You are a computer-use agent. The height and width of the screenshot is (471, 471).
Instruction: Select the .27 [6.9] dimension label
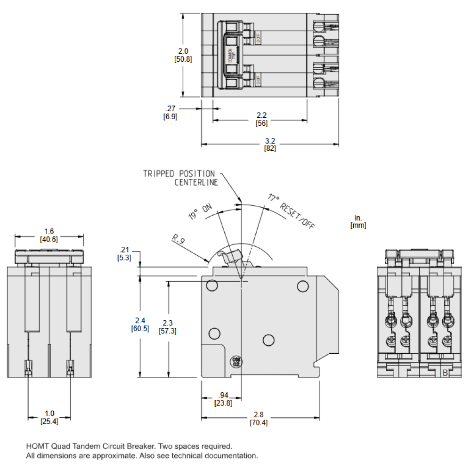coord(170,113)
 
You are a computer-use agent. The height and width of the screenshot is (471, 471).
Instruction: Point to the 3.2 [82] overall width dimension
coord(270,145)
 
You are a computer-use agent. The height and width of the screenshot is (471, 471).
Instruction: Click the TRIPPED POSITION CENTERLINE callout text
coord(179,178)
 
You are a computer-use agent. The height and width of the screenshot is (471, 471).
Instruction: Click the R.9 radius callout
coord(178,240)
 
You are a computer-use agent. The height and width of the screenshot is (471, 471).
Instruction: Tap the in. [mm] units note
coord(358,221)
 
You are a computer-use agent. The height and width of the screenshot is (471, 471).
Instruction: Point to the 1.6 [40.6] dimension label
coord(49,235)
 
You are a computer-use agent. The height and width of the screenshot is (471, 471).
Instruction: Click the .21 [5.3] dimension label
coord(124,253)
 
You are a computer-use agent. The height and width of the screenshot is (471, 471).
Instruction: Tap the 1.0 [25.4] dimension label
coord(49,417)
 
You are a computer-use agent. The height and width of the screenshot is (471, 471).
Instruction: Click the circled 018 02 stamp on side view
coord(235,362)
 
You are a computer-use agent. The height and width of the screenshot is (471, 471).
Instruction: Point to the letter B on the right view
coord(445,373)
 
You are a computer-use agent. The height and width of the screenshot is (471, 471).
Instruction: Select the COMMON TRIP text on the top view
coord(231,56)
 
